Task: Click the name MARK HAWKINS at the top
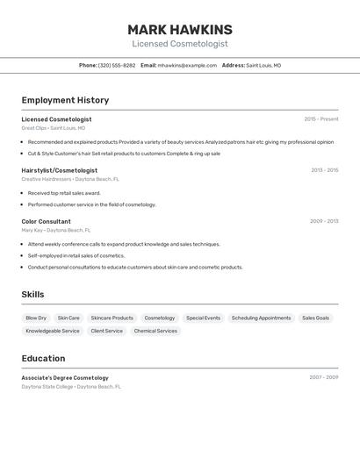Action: pos(180,29)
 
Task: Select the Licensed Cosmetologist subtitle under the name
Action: pos(180,44)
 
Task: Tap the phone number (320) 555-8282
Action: pos(117,66)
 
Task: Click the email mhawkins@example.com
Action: pos(187,66)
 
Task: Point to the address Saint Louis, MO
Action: pos(263,66)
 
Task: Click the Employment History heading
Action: pos(65,100)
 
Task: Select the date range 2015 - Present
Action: pos(320,119)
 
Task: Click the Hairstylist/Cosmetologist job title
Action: pos(59,170)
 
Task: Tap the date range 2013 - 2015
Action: pos(324,170)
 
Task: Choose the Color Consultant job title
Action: pos(46,221)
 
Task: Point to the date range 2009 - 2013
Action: pos(324,221)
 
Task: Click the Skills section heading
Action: pos(32,295)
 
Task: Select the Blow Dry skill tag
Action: pos(36,318)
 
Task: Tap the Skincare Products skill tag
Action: pos(112,318)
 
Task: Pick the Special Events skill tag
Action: pos(203,318)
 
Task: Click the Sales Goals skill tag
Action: pos(315,318)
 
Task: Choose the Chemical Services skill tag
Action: pos(155,331)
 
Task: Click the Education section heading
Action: pos(43,358)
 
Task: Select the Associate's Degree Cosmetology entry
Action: pos(65,377)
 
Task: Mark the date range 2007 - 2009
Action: pos(323,377)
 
